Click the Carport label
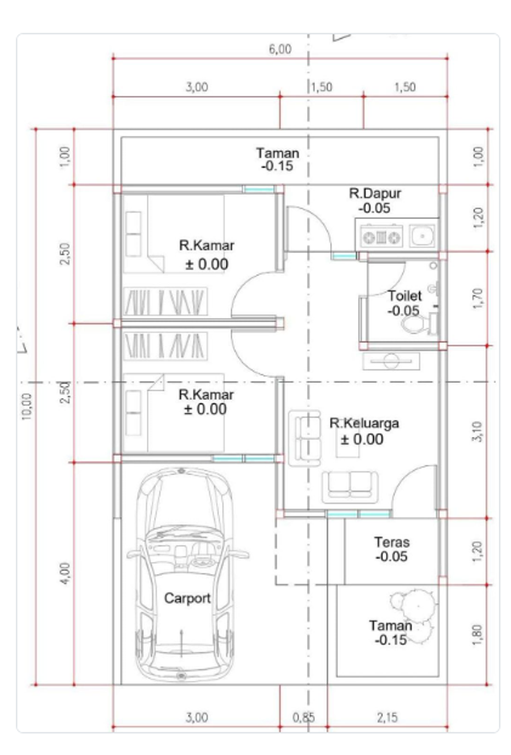pyautogui.click(x=187, y=598)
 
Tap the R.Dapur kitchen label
pyautogui.click(x=375, y=194)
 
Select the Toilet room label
pyautogui.click(x=405, y=296)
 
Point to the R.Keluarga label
pyautogui.click(x=364, y=423)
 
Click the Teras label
pyautogui.click(x=392, y=542)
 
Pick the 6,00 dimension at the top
pyautogui.click(x=280, y=49)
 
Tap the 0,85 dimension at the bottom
pyautogui.click(x=303, y=718)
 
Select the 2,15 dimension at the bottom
pyautogui.click(x=387, y=718)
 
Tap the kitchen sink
pyautogui.click(x=422, y=236)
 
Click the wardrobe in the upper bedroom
pyautogui.click(x=165, y=301)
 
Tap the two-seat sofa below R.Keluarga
pyautogui.click(x=350, y=487)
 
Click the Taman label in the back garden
pyautogui.click(x=278, y=153)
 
